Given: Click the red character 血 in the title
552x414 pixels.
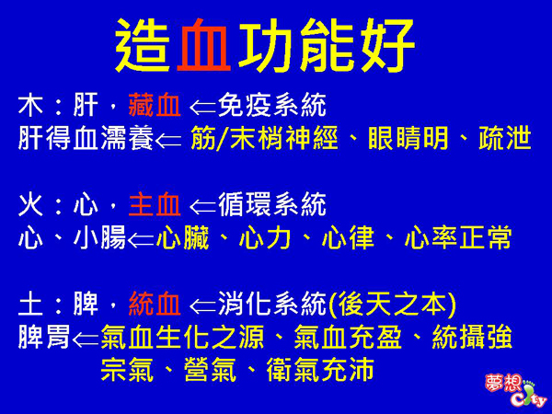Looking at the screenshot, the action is [204, 44].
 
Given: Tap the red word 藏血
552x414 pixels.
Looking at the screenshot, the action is [155, 105].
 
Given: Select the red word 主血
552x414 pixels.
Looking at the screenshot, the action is [155, 204].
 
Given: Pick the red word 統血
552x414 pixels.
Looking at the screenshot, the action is [155, 304].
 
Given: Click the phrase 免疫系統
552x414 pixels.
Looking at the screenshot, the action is [272, 105].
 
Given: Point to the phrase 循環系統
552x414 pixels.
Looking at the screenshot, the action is [272, 204].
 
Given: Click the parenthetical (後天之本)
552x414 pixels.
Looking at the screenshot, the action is [392, 305].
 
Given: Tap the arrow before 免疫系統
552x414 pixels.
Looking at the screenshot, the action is [202, 107].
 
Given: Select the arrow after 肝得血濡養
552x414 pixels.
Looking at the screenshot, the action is [168, 140].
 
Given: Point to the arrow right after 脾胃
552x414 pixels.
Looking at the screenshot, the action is [86, 339].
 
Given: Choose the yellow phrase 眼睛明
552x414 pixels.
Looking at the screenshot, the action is [408, 138].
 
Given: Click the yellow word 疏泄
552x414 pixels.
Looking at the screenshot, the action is [505, 138].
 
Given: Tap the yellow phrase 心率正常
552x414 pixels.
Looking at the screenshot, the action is [458, 237].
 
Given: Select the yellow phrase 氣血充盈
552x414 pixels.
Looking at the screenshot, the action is [348, 337].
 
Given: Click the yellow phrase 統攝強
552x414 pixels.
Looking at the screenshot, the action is [472, 337].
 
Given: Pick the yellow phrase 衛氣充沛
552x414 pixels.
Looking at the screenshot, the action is [320, 370].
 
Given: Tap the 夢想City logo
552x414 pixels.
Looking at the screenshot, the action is [514, 390].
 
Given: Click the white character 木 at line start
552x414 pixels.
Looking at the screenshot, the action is [31, 105].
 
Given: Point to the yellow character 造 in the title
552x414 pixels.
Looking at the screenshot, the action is [142, 45].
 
